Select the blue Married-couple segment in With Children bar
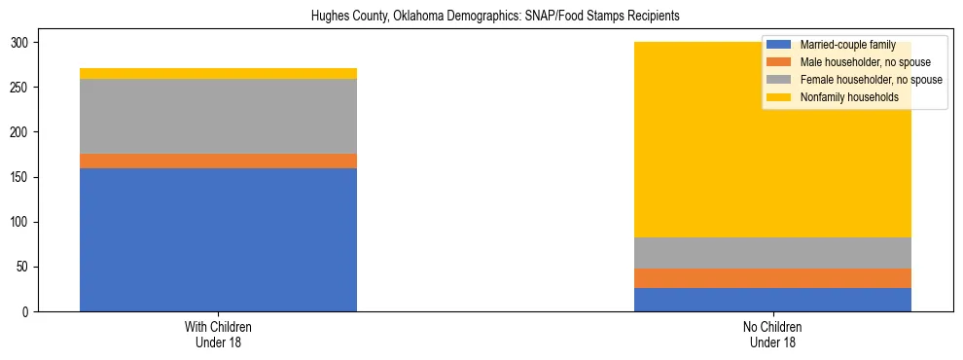(218, 239)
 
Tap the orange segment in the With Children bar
(218, 162)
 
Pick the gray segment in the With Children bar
(218, 117)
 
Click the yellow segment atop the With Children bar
(218, 74)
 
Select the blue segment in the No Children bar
(772, 300)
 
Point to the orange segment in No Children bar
(772, 278)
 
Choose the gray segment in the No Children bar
(772, 253)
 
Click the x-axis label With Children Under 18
(218, 335)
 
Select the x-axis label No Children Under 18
(772, 335)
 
